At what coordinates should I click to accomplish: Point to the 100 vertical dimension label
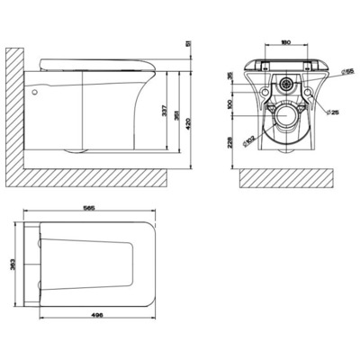pyautogui.click(x=231, y=103)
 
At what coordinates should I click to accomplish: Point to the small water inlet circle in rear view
pyautogui.click(x=285, y=85)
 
